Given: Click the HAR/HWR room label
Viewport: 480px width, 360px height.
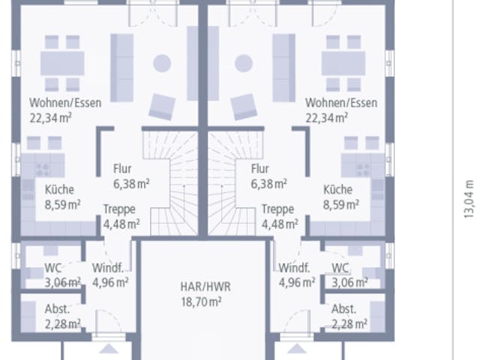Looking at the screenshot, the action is [205, 286].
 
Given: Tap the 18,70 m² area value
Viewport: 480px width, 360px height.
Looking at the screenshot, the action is [201, 301].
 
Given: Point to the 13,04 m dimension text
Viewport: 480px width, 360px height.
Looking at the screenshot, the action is [469, 199].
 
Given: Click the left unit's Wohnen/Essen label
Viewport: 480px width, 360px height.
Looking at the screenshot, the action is [65, 103].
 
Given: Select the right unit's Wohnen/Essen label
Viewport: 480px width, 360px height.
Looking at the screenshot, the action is [341, 103].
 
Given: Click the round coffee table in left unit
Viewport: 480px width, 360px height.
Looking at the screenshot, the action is [162, 63].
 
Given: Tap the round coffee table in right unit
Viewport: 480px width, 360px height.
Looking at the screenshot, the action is [244, 63].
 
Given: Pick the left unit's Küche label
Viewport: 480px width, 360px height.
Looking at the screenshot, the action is [59, 190].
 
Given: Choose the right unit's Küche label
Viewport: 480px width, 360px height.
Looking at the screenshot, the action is [338, 190].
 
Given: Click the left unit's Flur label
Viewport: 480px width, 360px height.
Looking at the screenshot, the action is [122, 169].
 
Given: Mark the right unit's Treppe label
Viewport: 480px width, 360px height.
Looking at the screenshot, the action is [277, 209].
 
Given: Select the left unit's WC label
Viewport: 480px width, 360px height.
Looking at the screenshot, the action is [52, 268].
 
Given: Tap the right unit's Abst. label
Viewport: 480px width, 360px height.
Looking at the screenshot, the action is [343, 309].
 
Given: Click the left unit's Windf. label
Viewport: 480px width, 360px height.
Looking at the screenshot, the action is [108, 268].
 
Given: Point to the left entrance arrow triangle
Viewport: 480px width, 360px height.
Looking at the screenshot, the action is [109, 348].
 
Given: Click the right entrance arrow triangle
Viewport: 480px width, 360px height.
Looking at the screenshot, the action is [297, 348].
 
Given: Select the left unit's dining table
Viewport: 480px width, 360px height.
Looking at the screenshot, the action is [62, 63].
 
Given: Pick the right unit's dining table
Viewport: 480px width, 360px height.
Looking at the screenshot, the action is [343, 63].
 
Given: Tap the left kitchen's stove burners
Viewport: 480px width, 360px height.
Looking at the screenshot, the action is [43, 169].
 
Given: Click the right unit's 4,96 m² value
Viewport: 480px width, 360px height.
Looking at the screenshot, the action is [297, 282].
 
